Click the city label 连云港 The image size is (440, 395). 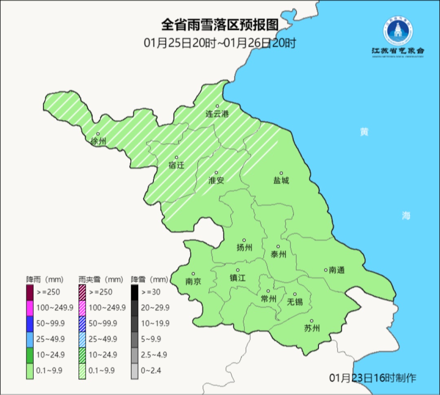[x=217, y=114]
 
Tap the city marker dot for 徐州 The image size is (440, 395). [x=98, y=134]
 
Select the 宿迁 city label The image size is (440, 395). [x=176, y=166]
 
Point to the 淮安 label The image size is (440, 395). [x=216, y=181]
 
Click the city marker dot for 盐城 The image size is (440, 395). [x=281, y=173]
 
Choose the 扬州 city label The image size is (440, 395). [x=244, y=248]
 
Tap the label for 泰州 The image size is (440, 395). [x=278, y=255]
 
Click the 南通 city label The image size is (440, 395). [x=337, y=270]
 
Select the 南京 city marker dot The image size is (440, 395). [x=193, y=274]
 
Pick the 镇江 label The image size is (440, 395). [x=238, y=278]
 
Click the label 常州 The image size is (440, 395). [x=268, y=299]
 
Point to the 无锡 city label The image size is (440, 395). [x=295, y=302]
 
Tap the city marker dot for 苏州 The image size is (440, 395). [x=312, y=321]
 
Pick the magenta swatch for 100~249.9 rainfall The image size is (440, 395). [x=30, y=307]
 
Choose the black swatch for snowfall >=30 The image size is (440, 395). [x=134, y=292]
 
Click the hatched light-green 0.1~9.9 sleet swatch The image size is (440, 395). [x=82, y=370]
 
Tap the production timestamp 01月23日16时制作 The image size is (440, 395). [x=373, y=378]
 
